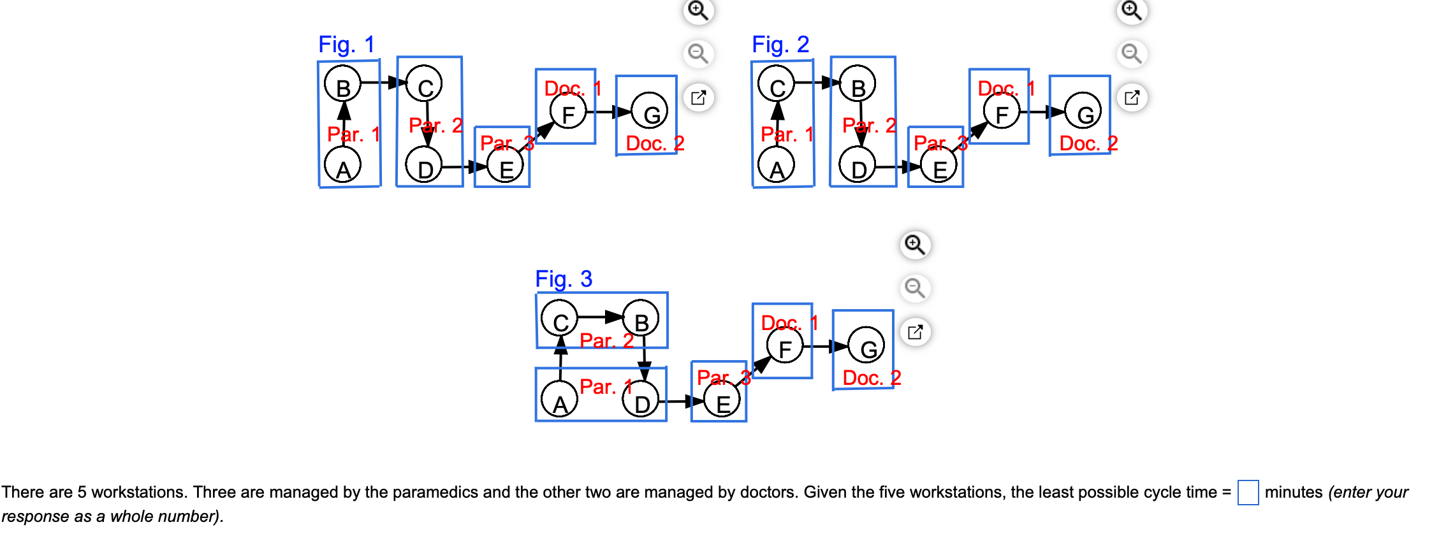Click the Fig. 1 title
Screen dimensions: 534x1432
[346, 45]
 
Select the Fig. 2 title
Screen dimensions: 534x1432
[780, 45]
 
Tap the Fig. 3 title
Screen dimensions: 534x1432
[564, 279]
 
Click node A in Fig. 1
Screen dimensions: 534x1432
[343, 166]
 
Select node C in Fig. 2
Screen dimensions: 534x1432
[776, 84]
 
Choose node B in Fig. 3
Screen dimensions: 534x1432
[641, 318]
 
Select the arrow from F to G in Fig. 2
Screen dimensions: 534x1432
[1042, 112]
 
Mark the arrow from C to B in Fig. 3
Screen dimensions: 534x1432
[599, 317]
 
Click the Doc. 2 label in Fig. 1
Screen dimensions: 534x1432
[654, 143]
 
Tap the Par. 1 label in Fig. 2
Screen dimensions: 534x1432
[787, 134]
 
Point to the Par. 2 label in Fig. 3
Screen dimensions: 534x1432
[606, 340]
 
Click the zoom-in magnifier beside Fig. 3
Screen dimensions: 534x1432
[915, 245]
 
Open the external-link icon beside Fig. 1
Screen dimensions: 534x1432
[698, 97]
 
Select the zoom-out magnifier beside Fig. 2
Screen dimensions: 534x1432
[1132, 54]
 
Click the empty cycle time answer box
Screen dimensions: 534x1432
[1248, 493]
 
